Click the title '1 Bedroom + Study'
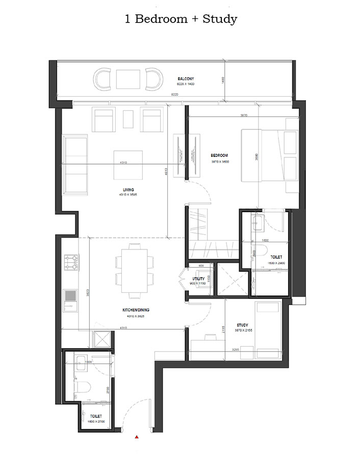181,19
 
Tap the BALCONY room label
186,79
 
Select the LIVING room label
121,190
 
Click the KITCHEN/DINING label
136,310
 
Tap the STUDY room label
243,325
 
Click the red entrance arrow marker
137,438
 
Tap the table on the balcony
128,79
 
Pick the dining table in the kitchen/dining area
135,270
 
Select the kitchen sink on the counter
69,296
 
